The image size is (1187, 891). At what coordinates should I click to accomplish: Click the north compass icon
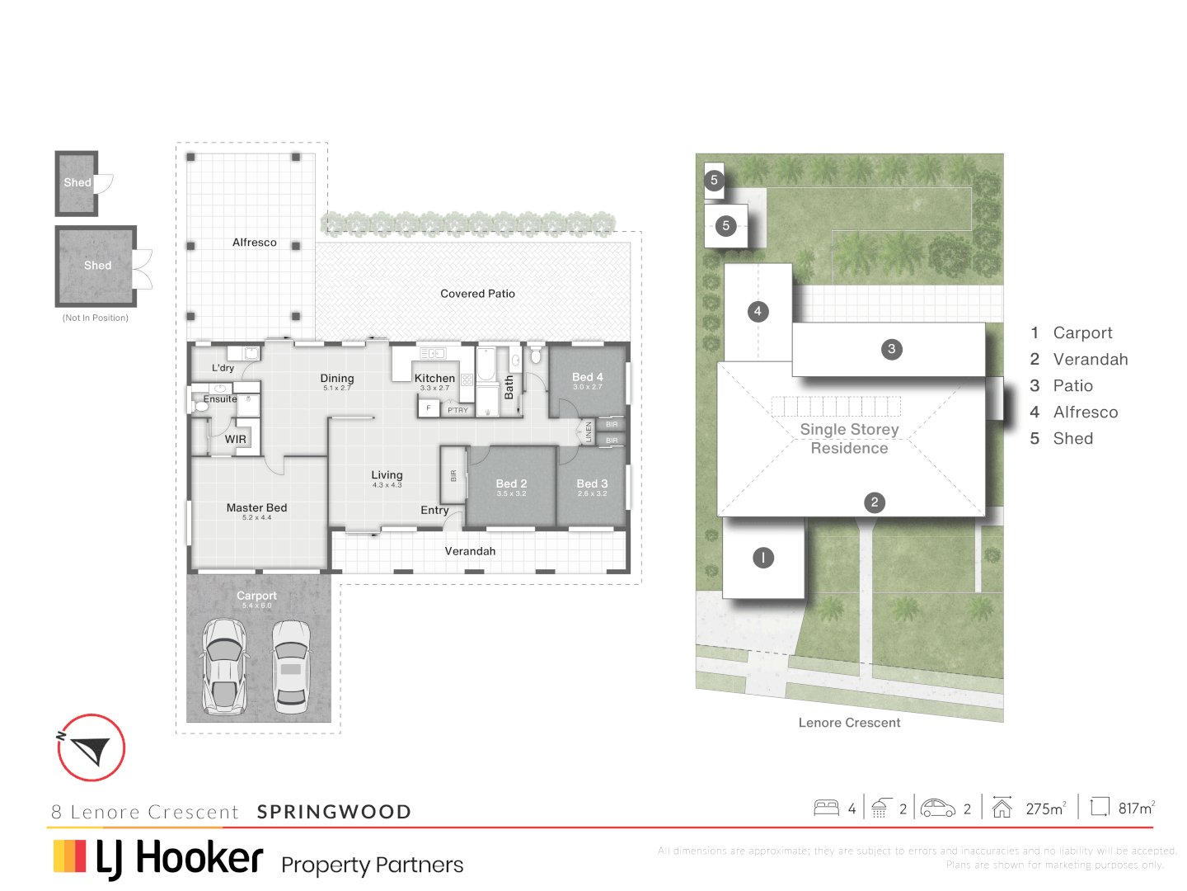(91, 747)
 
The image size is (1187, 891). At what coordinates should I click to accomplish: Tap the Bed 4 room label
(588, 377)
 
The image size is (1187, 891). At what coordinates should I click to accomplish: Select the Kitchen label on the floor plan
(434, 378)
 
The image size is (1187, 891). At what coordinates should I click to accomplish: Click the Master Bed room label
(256, 507)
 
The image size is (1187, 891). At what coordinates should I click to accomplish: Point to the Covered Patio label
(477, 294)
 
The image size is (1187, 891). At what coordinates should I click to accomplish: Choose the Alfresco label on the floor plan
(254, 243)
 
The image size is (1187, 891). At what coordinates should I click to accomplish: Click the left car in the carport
(225, 667)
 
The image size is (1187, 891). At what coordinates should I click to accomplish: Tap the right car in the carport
(291, 667)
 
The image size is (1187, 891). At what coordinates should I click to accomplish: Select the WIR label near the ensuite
(236, 439)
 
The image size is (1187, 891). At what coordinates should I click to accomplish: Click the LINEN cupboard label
(589, 431)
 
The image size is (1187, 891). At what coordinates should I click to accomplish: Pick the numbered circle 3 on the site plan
(891, 349)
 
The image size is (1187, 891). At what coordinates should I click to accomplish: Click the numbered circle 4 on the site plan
(758, 311)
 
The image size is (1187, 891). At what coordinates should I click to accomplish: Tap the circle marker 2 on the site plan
(875, 502)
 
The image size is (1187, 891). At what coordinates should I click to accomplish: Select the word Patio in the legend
(1072, 386)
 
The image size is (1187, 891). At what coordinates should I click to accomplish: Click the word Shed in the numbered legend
(1072, 439)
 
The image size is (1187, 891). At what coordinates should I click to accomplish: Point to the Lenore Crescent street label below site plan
(849, 723)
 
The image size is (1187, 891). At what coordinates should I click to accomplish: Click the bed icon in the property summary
(826, 808)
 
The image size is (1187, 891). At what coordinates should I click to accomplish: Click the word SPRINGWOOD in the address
(334, 812)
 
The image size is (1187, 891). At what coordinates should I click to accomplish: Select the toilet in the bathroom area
(535, 356)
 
